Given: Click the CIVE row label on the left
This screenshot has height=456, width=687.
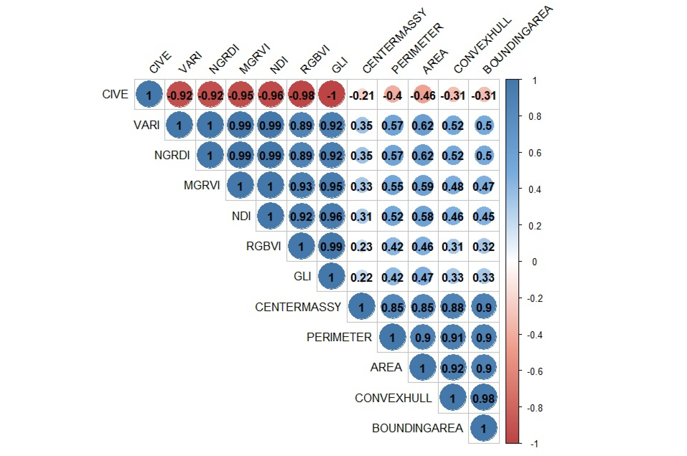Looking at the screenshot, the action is pyautogui.click(x=115, y=94).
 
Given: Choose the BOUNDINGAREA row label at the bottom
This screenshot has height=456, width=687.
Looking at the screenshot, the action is pyautogui.click(x=417, y=428).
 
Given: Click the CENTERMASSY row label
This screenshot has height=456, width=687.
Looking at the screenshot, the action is pyautogui.click(x=298, y=307).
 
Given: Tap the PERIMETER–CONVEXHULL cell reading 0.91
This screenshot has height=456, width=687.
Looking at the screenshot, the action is pyautogui.click(x=453, y=337).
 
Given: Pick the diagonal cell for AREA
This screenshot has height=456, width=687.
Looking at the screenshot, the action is pyautogui.click(x=423, y=368).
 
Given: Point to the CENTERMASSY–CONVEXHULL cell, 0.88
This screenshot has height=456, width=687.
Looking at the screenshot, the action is pyautogui.click(x=453, y=307).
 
